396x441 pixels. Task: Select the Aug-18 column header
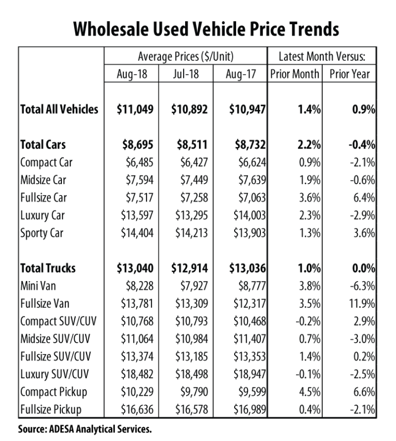132,74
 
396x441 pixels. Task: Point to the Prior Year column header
350,74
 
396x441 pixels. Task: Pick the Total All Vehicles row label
59,110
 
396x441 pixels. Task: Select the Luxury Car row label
42,215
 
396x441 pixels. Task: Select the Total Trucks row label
47,269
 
